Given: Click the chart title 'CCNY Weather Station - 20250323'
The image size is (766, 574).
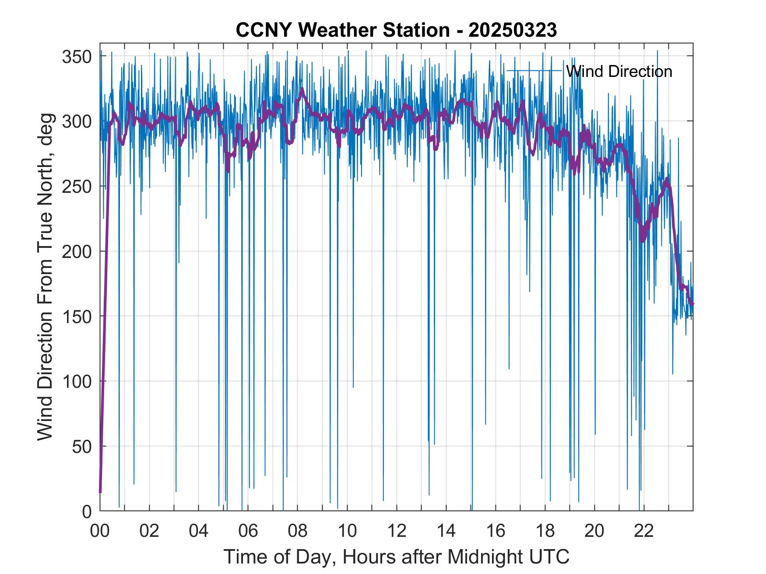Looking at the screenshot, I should tap(396, 30).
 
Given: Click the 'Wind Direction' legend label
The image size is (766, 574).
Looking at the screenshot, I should tap(619, 71).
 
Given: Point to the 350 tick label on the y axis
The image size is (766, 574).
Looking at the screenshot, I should tap(77, 57).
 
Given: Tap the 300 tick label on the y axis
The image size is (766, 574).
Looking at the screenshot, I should tap(77, 122).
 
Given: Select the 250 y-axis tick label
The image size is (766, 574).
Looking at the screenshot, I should tap(77, 187).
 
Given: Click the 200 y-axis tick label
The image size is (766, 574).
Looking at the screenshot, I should tap(77, 252).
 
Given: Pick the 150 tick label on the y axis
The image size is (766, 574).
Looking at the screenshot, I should tap(77, 317).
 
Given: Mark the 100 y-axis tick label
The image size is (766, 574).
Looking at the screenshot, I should tap(77, 382).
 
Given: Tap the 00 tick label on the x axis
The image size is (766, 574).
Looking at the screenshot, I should tap(100, 531).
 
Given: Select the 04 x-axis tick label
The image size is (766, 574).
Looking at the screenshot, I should tap(199, 531).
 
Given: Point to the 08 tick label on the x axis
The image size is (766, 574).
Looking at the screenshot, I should tap(298, 531).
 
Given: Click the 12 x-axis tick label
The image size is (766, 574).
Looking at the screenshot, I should tap(397, 531).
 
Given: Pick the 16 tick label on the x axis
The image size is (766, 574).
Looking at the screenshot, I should tap(495, 531).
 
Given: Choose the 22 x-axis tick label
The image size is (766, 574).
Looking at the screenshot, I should tap(644, 531).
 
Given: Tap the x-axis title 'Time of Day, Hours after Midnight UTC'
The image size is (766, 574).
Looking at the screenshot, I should tap(396, 557).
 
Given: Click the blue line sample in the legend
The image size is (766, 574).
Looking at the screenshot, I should tap(534, 71).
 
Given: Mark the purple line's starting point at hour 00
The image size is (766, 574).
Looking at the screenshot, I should tap(100, 492).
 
